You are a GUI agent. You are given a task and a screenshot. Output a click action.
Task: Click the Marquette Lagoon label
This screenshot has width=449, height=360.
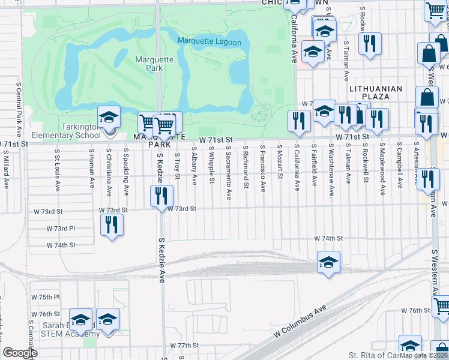209,42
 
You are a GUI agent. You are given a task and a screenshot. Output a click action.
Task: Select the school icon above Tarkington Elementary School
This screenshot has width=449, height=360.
109,118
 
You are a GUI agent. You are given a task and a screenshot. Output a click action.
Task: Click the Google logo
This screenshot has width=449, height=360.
20,353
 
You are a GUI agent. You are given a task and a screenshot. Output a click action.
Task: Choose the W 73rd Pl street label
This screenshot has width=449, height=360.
61,229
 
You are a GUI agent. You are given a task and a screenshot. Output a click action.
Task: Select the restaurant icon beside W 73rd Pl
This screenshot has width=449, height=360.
111,225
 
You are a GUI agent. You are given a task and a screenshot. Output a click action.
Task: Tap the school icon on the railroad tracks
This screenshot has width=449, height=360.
328,262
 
